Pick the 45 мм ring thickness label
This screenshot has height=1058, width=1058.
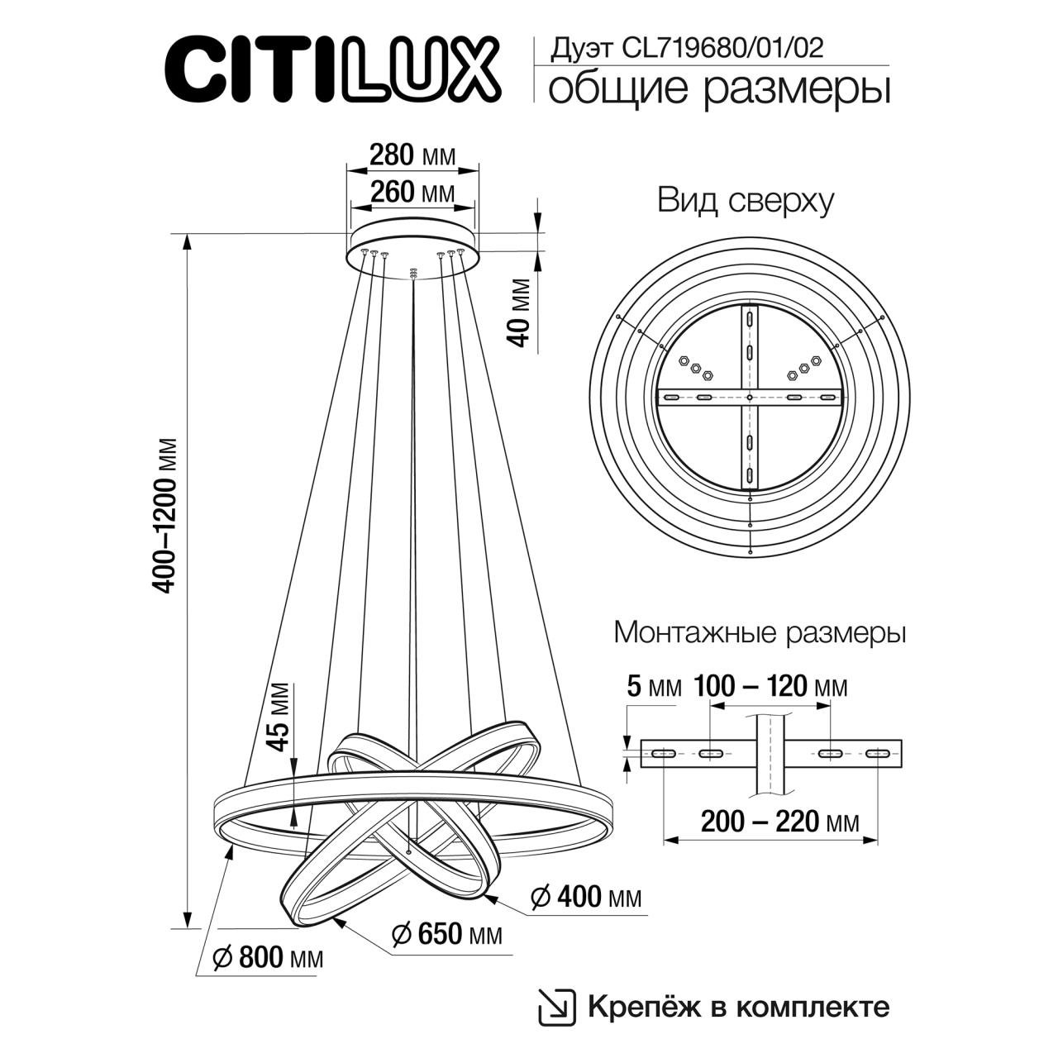coord(281,717)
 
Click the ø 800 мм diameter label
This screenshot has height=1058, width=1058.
coord(267,958)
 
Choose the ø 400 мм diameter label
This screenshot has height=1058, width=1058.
coord(585,897)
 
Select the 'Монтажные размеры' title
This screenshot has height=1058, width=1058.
coord(760,633)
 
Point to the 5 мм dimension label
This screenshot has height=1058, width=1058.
coord(654,687)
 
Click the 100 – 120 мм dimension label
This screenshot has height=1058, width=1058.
coord(770,687)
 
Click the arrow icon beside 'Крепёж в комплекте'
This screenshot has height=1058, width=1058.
coord(555,1006)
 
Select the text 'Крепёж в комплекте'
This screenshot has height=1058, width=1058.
coord(738,1006)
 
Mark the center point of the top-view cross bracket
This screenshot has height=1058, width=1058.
coord(749,398)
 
